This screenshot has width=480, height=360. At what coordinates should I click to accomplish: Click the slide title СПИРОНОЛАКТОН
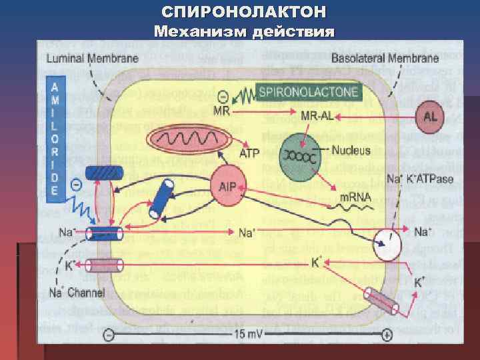point(244,11)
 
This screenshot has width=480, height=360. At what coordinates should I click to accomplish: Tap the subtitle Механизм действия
point(244,31)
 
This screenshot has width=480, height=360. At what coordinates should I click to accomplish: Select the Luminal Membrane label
point(92,59)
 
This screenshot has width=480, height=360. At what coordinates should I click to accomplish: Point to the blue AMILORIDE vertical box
point(58,139)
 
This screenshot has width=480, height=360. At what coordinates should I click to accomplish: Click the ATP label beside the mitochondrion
point(249,153)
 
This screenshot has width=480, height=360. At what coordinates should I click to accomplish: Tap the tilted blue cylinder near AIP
point(161,201)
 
